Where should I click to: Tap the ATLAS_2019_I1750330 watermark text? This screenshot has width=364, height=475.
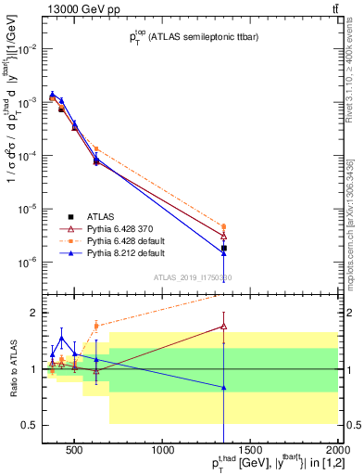(194, 277)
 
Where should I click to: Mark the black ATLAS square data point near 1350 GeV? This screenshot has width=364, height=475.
(224, 248)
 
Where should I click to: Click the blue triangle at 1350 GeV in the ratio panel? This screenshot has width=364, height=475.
(224, 387)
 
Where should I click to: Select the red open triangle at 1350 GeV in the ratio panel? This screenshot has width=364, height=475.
(224, 326)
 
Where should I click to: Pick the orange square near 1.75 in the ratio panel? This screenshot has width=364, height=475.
(96, 326)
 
